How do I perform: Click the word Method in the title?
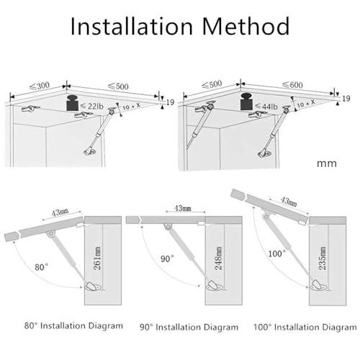pos(246,26)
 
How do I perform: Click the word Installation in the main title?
pos(132,26)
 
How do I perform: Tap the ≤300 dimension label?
pos(40,86)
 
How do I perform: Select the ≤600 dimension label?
pos(292,85)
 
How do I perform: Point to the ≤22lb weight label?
pos(92,106)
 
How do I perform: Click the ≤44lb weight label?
pos(266,107)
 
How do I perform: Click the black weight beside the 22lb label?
pos(73,103)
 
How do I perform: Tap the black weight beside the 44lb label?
pos(247,102)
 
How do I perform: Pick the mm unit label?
pos(327,163)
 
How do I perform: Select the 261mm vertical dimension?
pos(97,258)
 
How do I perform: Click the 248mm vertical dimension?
pos(218,258)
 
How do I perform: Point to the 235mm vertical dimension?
pos(323,258)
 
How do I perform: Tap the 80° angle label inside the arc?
pos(41,267)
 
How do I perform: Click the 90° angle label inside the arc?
pos(167,258)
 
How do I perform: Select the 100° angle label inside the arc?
pos(276,253)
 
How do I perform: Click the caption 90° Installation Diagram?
pos(189,327)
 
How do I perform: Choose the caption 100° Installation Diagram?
pos(305,327)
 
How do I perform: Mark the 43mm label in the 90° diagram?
pos(183,208)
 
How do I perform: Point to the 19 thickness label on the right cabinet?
pos(346,99)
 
